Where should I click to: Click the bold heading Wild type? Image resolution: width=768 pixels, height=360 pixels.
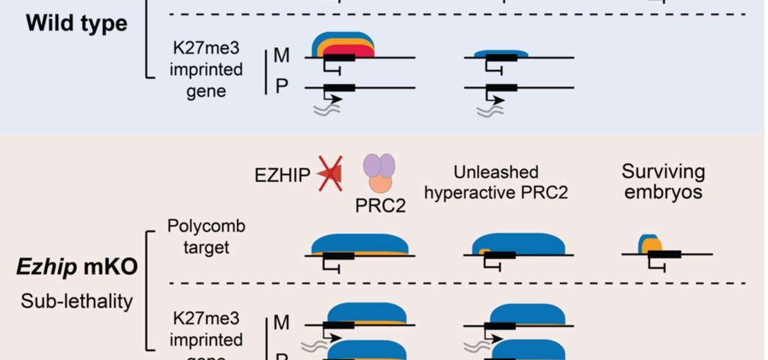(76, 23)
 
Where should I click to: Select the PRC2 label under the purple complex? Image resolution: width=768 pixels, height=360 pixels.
(380, 205)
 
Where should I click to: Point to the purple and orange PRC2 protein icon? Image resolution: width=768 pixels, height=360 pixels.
(378, 172)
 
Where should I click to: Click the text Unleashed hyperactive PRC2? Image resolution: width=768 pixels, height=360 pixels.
(495, 182)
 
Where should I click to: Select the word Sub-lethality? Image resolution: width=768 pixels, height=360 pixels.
(76, 301)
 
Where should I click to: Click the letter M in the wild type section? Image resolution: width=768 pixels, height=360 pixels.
(281, 56)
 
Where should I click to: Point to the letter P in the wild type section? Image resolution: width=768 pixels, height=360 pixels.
(281, 87)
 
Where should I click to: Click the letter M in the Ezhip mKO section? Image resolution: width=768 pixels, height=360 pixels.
(281, 322)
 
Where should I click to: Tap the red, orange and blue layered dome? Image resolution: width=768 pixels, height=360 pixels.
(343, 46)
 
